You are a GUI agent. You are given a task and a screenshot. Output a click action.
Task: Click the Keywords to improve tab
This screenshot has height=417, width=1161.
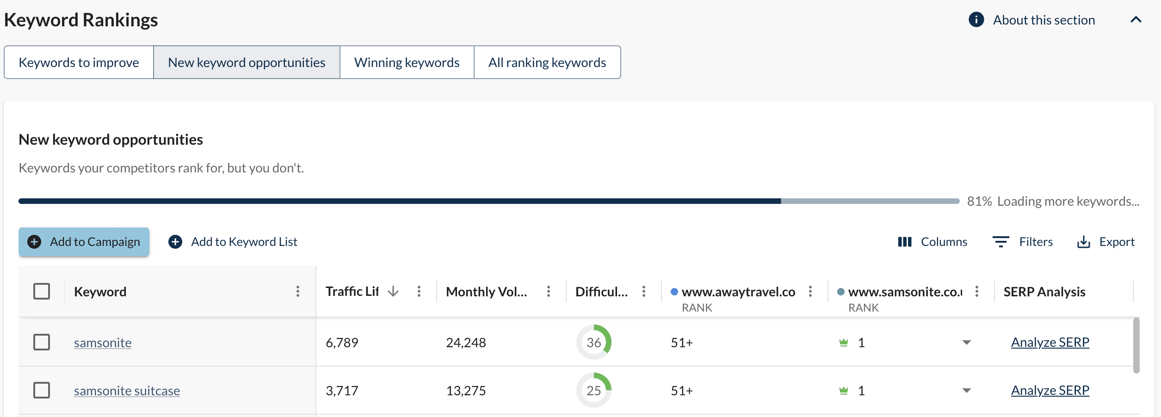pos(79,62)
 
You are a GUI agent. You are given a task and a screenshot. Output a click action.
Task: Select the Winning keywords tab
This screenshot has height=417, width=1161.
pos(407,62)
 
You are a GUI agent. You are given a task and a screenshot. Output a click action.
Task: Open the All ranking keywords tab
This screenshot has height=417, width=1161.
pos(547,62)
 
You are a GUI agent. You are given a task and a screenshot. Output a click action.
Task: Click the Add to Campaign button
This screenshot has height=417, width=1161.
pos(84,242)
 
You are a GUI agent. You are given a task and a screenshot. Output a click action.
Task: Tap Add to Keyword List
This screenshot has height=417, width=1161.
pos(233,242)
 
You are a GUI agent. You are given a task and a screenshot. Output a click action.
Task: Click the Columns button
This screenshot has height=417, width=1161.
pos(932,242)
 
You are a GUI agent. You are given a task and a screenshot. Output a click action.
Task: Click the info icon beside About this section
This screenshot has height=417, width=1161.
pos(976,20)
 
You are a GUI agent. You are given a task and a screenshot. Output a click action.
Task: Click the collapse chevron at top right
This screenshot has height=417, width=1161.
pos(1136,20)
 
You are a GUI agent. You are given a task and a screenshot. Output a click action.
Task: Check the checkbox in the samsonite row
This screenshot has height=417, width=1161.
pos(42,342)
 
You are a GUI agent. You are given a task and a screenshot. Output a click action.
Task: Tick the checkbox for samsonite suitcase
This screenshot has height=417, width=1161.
pos(42,390)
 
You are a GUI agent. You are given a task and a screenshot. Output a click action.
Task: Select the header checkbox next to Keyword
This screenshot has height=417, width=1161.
pos(42,291)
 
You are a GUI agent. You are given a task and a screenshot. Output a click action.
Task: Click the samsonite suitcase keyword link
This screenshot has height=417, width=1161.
pos(127,391)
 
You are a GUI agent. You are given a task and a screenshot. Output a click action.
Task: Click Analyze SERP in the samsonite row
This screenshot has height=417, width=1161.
pos(1050,342)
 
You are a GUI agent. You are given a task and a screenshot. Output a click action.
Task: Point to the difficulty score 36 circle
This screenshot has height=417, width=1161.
pos(593,342)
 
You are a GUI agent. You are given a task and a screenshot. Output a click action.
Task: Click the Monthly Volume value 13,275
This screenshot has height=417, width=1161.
pos(466,391)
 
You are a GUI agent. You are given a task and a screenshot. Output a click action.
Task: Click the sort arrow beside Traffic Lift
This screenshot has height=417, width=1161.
pos(393,291)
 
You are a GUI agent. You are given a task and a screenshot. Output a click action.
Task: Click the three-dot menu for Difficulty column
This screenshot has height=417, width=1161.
pos(643,291)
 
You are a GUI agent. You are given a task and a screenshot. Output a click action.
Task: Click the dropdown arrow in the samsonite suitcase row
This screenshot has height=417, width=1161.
pos(966,391)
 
